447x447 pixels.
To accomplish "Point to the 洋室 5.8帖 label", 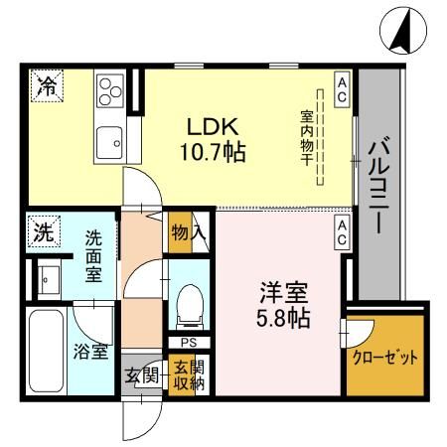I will (x=283, y=306).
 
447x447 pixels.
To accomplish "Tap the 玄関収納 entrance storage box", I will (x=186, y=376).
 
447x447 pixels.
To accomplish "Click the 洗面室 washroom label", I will (x=92, y=256).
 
